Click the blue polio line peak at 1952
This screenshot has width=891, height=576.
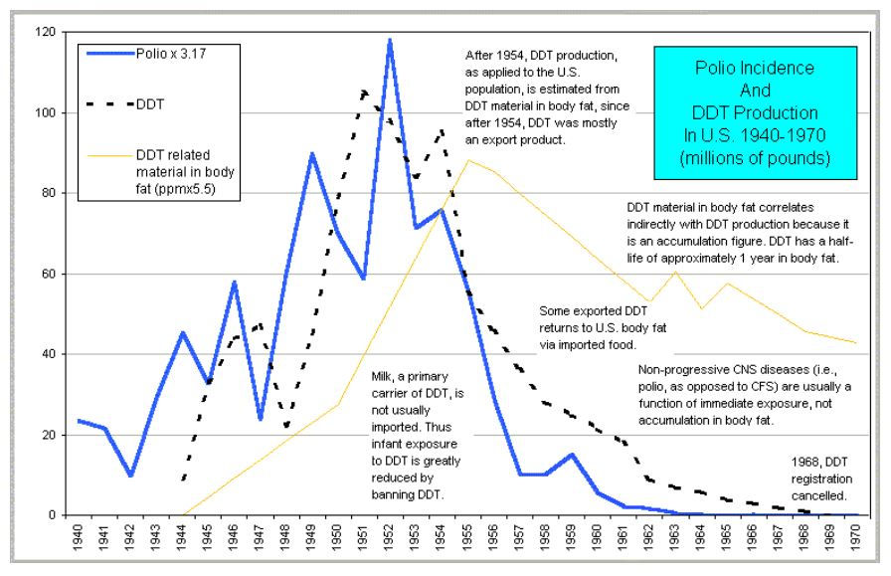point(390,40)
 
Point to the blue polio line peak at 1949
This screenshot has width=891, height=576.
point(312,153)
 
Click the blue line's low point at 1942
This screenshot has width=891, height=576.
point(130,476)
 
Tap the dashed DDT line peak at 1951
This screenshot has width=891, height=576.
point(364,92)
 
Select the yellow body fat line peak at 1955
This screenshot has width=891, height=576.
point(467,160)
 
